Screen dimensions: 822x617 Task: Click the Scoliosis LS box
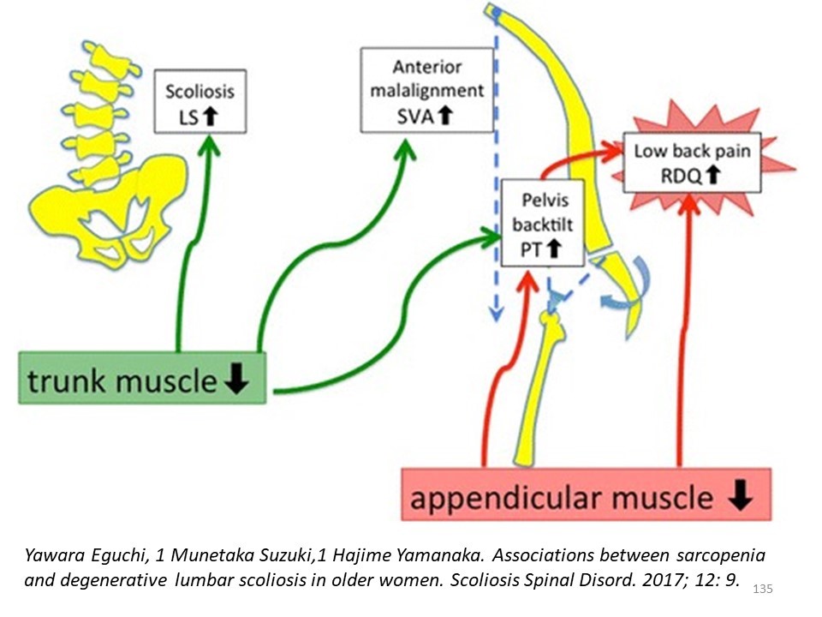(x=200, y=101)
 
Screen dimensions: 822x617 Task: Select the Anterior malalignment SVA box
(x=427, y=90)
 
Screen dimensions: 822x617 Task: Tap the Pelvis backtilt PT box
(x=543, y=223)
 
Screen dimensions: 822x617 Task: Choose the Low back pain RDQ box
(x=692, y=163)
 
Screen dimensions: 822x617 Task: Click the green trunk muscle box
(x=142, y=378)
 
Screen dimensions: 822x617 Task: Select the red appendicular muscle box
(x=586, y=494)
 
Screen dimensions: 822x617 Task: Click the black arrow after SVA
(x=445, y=115)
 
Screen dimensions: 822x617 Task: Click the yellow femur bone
(x=540, y=388)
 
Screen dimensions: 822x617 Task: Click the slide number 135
(x=763, y=589)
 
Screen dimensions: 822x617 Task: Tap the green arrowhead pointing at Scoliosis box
(x=209, y=146)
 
